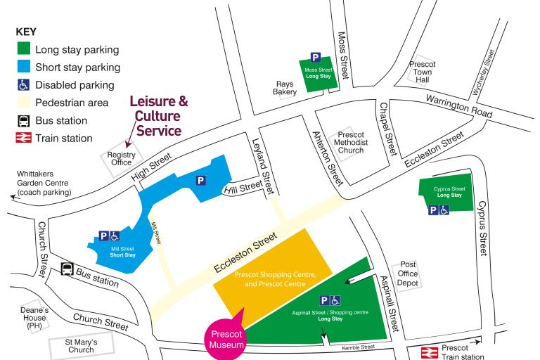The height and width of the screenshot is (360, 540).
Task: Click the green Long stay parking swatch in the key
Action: coord(23,50)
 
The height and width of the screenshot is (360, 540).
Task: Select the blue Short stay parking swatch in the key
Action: coord(23,67)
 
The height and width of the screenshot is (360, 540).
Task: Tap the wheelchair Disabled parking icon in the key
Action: coord(23,85)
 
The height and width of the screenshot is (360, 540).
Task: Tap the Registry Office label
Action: coord(120,158)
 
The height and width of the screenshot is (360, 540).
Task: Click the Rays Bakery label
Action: coord(284,87)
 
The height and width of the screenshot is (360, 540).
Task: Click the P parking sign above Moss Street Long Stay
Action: coord(316,58)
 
